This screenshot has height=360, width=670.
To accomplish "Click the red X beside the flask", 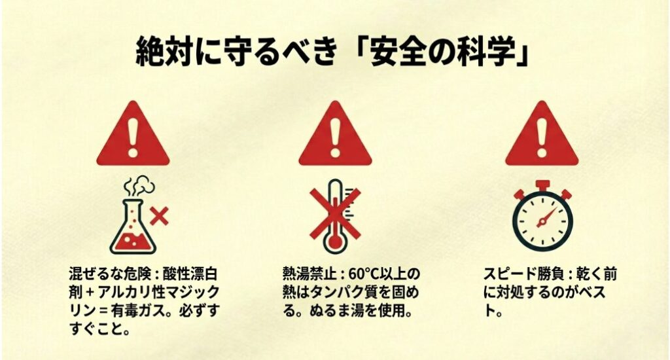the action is [160, 216].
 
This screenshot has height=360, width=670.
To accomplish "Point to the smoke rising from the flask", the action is [139, 188].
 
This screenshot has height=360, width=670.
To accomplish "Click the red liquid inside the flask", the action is [133, 242].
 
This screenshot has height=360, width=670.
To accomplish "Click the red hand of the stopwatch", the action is [547, 217].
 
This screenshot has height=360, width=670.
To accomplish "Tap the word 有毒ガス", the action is [138, 310].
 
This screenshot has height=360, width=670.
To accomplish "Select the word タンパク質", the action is [342, 292].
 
